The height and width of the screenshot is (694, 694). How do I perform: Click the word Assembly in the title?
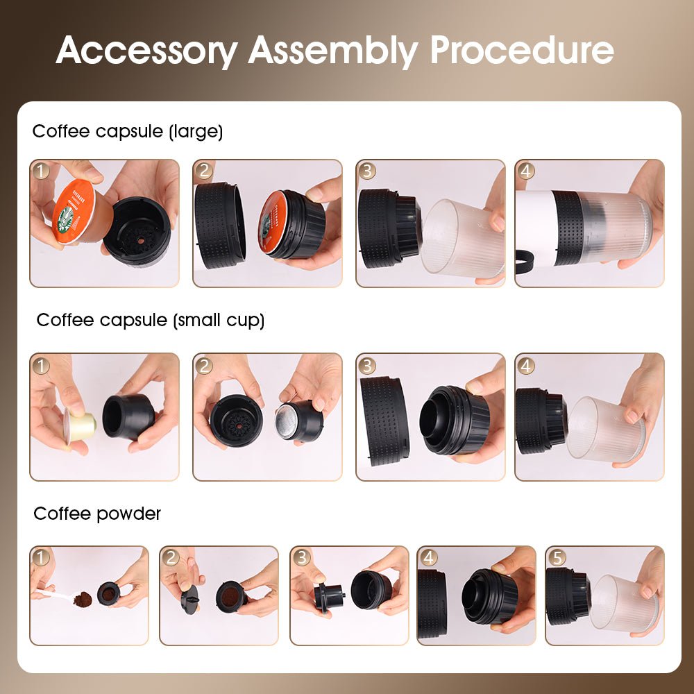coord(332,51)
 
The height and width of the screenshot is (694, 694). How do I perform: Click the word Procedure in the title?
coord(521,51)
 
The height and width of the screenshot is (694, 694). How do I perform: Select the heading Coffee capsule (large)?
coord(128,131)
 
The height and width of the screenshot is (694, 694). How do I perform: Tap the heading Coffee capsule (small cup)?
coord(150,320)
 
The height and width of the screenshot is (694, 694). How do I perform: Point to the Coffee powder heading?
coord(97,514)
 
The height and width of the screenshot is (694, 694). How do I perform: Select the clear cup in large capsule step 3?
coord(462,239)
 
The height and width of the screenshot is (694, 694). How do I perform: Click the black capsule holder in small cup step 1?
coord(128,416)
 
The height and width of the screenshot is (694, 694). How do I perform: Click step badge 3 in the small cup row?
coord(367,365)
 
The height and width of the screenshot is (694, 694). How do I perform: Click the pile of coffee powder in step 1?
coord(83,598)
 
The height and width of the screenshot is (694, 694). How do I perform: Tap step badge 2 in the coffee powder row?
coord(171,557)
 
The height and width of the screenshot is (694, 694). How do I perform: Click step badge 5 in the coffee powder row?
coord(557,557)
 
